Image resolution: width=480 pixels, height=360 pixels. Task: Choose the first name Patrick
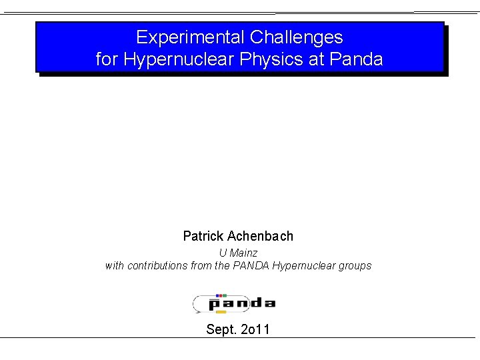(203, 236)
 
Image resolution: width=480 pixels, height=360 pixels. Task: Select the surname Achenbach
(260, 236)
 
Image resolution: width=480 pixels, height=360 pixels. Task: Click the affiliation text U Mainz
(238, 253)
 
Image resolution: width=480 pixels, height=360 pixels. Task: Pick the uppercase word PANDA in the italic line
(251, 265)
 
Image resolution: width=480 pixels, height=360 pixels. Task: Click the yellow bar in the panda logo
(221, 311)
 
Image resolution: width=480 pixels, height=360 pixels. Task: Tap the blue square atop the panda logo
(217, 295)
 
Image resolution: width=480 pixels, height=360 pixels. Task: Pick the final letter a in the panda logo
(268, 303)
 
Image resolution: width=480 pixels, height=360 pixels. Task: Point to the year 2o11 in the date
(255, 329)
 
